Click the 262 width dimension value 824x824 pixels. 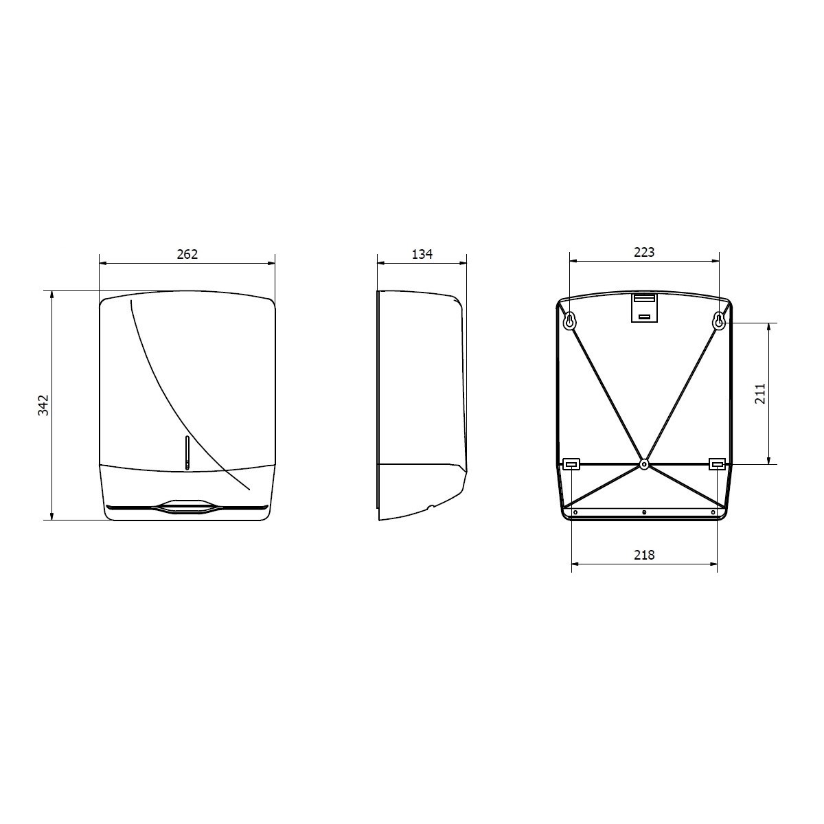pyautogui.click(x=187, y=255)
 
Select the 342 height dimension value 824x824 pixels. pyautogui.click(x=44, y=405)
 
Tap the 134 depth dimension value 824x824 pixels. pyautogui.click(x=422, y=255)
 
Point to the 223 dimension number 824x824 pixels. pyautogui.click(x=644, y=252)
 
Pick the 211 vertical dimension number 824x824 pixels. pyautogui.click(x=760, y=394)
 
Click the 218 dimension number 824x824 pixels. pyautogui.click(x=644, y=555)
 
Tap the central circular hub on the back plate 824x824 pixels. pyautogui.click(x=644, y=463)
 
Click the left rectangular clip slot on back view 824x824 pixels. pyautogui.click(x=571, y=463)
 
